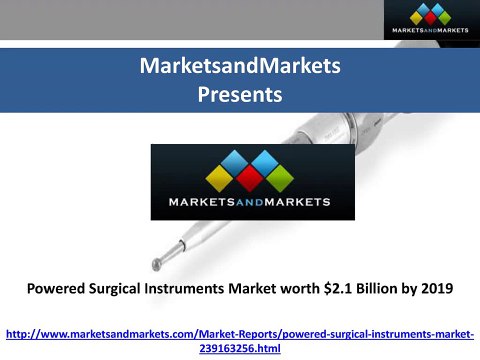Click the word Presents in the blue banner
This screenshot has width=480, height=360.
(240, 94)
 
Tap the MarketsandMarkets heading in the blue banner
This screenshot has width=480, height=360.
(240, 65)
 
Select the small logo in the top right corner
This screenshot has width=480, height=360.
(432, 20)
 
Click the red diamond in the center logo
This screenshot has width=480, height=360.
(250, 179)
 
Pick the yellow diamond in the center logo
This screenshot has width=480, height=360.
(219, 179)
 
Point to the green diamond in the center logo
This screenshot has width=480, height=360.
(280, 179)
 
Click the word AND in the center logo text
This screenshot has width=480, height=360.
(250, 202)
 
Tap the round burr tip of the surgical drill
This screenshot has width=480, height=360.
(156, 264)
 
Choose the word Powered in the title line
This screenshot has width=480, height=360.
(56, 288)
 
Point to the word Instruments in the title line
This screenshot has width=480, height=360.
(184, 288)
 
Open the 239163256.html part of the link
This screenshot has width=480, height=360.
(240, 348)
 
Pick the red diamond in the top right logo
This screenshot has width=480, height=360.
(430, 18)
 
